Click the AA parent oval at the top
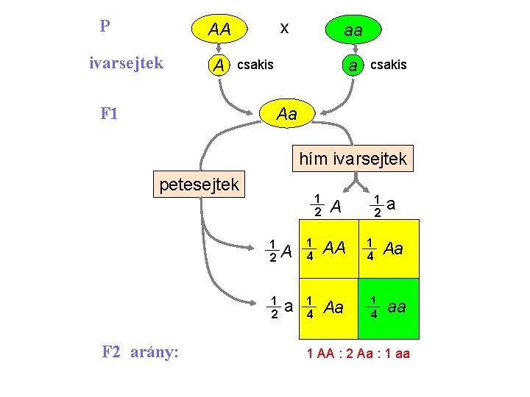219,30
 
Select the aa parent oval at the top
353,30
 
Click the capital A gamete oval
219,65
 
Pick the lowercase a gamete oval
353,65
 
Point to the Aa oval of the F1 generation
286,114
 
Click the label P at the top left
105,27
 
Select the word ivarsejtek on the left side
126,63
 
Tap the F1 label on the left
110,114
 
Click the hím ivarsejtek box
353,158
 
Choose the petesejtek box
199,185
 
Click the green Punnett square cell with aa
389,308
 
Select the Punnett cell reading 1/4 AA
328,249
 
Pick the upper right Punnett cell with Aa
389,249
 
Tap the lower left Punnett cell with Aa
328,308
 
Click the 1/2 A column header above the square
327,207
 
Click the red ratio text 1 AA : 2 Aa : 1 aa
358,354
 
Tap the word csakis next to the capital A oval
255,65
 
